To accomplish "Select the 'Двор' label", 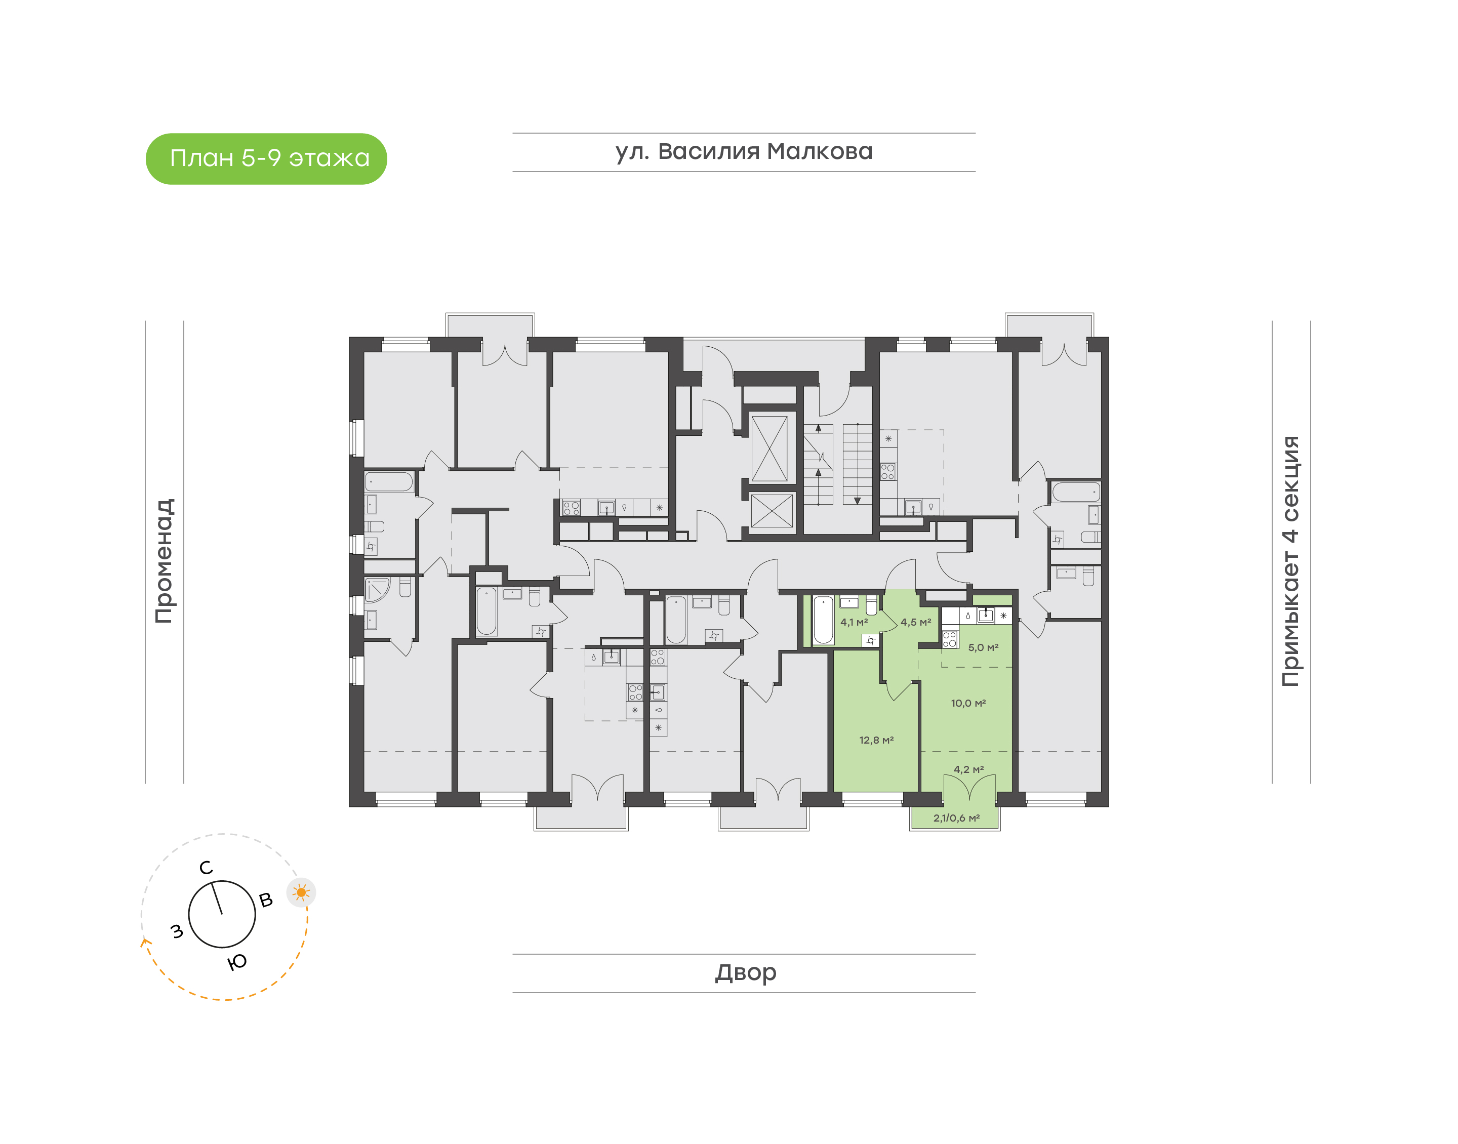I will click(745, 972).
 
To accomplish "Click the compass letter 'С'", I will click(206, 868).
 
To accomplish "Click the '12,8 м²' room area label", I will click(876, 740).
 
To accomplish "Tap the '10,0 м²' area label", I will click(968, 703).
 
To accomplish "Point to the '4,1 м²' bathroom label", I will click(854, 622).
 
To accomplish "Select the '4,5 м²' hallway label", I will click(915, 622).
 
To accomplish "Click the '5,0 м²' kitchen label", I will click(983, 648).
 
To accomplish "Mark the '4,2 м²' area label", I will click(968, 769).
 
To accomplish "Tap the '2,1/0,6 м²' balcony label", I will click(956, 818).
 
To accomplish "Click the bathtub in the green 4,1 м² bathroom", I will click(823, 620).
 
